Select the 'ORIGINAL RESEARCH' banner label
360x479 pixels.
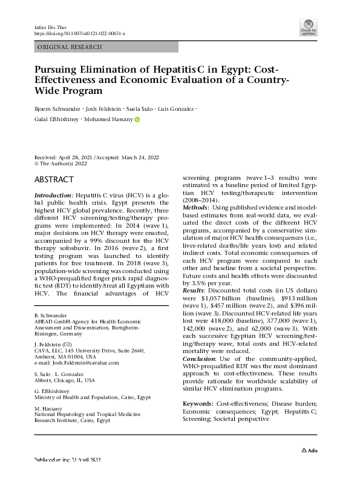click(70, 47)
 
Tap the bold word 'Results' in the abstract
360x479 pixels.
click(197, 291)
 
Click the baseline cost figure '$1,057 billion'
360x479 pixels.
click(220, 299)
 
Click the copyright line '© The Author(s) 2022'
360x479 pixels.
click(64, 164)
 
